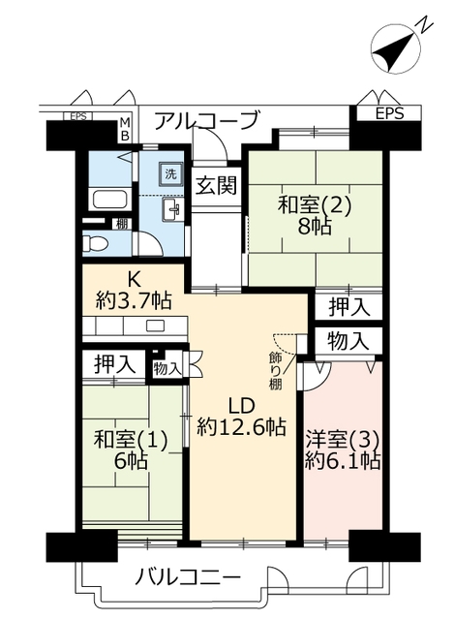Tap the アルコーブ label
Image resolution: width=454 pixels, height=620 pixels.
tap(207, 121)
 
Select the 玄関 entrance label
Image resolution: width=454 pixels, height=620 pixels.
tap(217, 185)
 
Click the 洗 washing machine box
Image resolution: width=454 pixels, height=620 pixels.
tap(170, 173)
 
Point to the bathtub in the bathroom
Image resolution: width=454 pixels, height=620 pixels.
tap(111, 201)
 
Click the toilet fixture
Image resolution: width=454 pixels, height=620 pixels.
tap(96, 243)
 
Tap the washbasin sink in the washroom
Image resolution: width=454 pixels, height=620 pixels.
tap(172, 208)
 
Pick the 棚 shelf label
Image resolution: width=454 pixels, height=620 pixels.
tap(122, 225)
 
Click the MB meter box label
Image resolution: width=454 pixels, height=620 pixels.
tap(125, 129)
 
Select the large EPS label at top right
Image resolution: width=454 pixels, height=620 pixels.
tap(389, 114)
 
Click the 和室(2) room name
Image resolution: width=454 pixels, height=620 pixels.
tap(315, 206)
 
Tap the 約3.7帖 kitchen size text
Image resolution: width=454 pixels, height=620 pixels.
tap(134, 301)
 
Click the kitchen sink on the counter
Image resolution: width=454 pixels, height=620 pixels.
tap(155, 326)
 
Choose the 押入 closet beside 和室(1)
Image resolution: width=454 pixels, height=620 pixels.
tap(114, 364)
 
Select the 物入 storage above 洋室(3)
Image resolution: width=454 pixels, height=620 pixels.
tap(348, 341)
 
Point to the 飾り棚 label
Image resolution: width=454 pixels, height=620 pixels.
tap(276, 371)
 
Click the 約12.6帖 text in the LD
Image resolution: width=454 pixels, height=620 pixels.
tap(242, 426)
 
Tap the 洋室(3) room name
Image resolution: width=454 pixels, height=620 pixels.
tap(343, 439)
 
